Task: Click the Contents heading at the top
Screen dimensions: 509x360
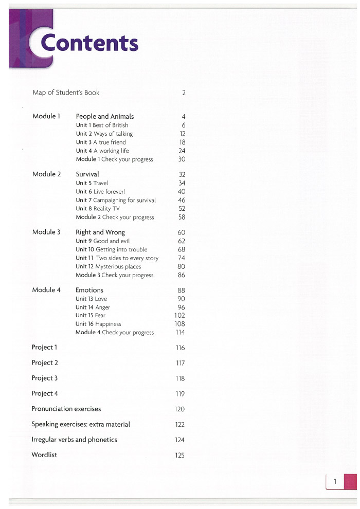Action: (89, 43)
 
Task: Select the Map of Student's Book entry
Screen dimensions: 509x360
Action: (66, 93)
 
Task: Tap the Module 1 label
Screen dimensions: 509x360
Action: (46, 116)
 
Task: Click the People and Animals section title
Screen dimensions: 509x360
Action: (104, 117)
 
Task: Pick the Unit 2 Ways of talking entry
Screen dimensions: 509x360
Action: (104, 134)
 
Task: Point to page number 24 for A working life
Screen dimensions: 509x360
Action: (182, 151)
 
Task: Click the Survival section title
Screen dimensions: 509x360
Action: (87, 174)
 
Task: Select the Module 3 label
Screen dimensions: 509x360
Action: (46, 232)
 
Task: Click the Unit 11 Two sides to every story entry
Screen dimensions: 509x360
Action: (117, 258)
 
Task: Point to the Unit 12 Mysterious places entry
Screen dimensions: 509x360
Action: (108, 267)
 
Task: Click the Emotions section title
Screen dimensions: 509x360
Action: (89, 290)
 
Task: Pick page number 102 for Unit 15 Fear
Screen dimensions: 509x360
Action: (179, 315)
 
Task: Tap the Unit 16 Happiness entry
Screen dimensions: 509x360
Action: (98, 324)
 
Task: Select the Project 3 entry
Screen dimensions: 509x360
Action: (45, 378)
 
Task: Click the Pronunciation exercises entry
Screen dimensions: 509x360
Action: (66, 409)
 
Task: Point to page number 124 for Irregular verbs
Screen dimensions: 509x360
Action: (179, 440)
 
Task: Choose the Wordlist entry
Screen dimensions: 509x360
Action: (44, 455)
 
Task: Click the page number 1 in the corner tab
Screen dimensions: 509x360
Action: (335, 482)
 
